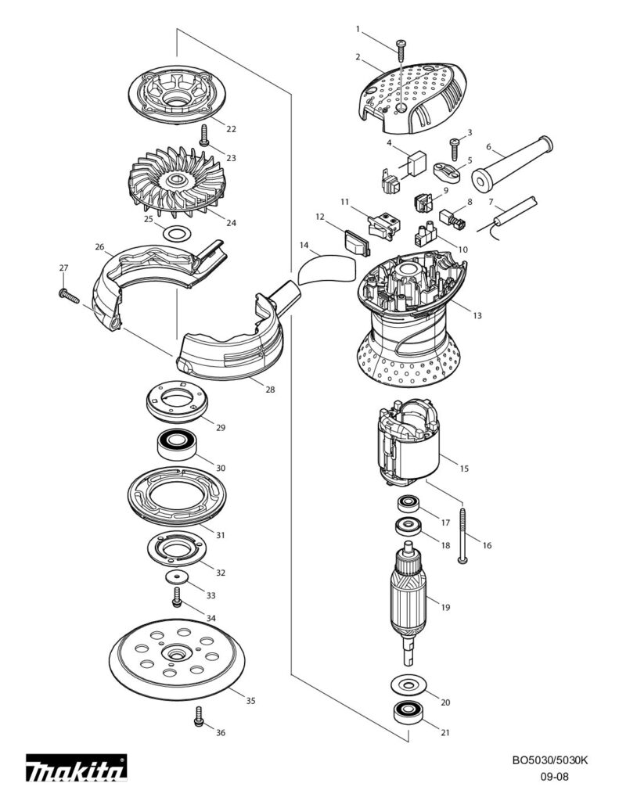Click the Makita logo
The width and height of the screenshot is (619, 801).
pos(77,770)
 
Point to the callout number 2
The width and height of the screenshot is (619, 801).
pos(358,57)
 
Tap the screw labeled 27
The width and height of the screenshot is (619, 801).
pos(68,295)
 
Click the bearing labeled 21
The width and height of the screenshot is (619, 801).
pos(408,713)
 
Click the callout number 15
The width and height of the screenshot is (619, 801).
pos(464,469)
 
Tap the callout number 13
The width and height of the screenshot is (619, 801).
pos(477,315)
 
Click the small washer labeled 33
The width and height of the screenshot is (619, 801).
pos(179,577)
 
